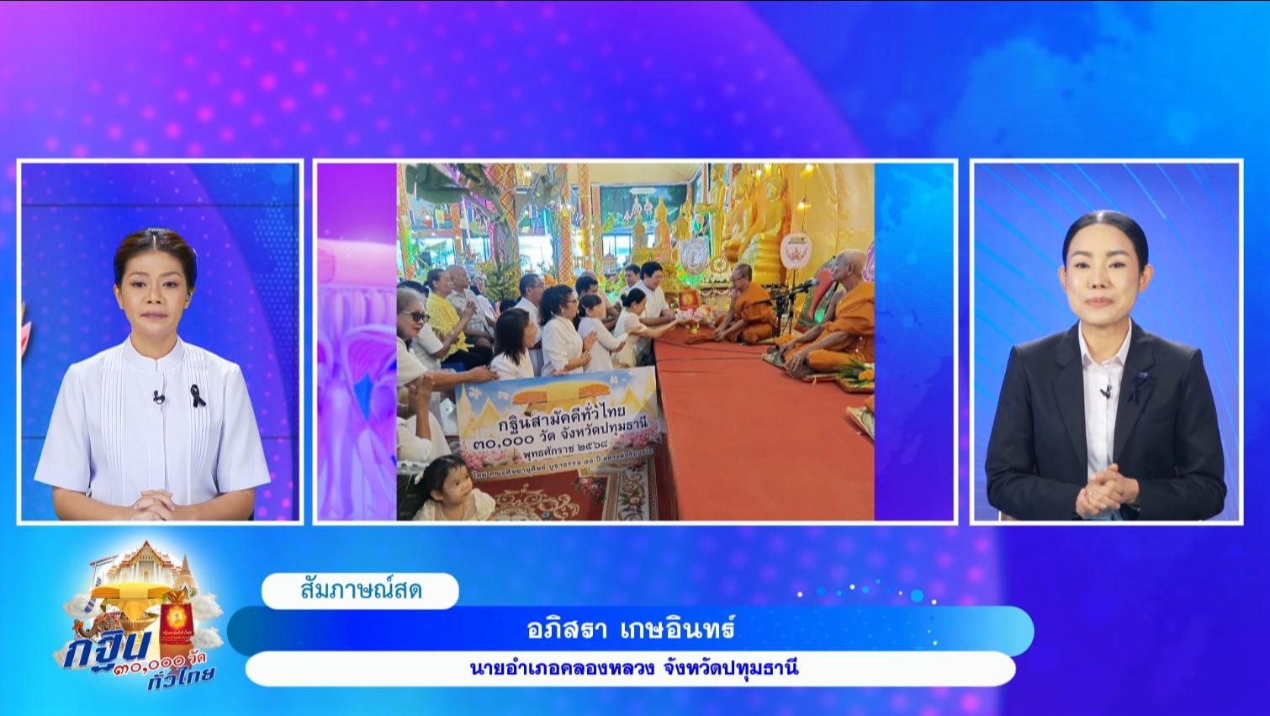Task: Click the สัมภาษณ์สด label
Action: coord(361,591)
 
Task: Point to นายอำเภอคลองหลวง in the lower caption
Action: coord(561,669)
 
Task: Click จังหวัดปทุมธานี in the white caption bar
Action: coord(731,669)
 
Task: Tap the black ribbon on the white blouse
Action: coord(197,395)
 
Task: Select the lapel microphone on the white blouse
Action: coord(158,395)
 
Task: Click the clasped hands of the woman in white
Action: coord(153,505)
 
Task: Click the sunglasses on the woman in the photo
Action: coord(417,317)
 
